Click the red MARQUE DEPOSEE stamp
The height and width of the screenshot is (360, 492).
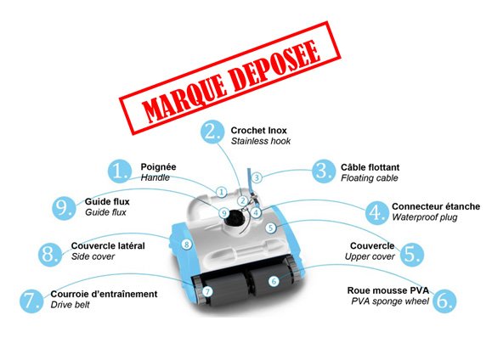230,78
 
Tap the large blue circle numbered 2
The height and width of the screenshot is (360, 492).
212,132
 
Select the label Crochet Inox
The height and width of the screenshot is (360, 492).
258,131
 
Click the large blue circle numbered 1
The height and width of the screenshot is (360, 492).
119,172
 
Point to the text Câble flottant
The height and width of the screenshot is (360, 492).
370,167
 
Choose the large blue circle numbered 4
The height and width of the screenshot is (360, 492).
376,213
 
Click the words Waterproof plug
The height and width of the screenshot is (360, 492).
425,217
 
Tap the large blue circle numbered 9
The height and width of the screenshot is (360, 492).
64,208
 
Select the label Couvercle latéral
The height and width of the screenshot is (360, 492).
108,245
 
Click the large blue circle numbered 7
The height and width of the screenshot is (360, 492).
31,301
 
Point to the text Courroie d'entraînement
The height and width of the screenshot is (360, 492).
104,294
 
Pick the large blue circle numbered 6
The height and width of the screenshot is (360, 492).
444,301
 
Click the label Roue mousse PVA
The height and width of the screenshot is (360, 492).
387,290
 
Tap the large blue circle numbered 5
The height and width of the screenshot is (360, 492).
412,255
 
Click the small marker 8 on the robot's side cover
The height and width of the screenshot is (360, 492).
186,245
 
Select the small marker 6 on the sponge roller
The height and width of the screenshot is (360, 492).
274,281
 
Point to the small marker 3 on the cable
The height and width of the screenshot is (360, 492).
257,177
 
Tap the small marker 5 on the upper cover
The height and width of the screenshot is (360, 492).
271,228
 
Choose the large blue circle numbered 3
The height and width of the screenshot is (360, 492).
324,172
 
